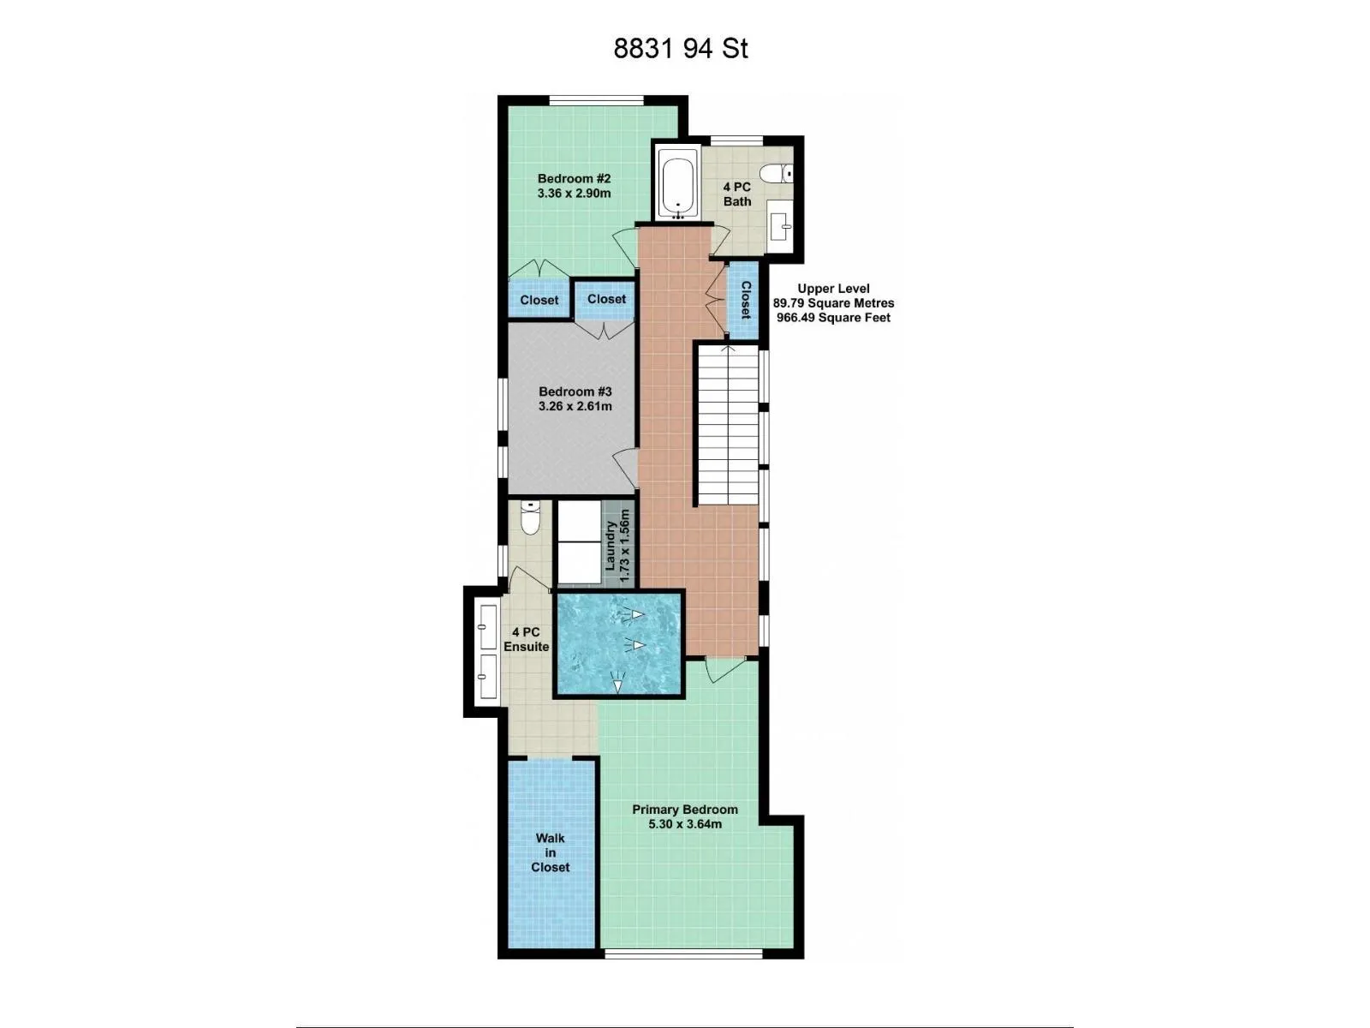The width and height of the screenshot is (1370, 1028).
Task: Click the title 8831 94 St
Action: point(681,49)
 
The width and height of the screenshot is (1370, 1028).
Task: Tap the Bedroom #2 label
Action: point(575,179)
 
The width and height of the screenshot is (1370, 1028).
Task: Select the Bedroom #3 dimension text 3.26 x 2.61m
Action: point(575,406)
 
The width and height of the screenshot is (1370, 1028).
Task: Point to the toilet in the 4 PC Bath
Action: point(777,173)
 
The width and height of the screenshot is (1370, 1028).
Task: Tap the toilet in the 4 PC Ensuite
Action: point(530,517)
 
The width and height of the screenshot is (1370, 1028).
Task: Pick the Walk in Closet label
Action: point(550,852)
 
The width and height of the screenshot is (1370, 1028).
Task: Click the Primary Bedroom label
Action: point(685,810)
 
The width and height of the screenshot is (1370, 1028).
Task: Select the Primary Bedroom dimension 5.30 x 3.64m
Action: point(685,824)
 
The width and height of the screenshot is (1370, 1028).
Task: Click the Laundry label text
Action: point(611,547)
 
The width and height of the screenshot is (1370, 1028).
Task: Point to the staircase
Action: point(728,424)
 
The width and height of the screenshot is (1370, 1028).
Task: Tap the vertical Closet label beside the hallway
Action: point(745,300)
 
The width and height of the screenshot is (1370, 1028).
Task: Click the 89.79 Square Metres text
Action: point(833,303)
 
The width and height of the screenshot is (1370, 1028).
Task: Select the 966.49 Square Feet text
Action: point(833,318)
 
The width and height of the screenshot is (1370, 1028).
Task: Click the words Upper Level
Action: point(833,289)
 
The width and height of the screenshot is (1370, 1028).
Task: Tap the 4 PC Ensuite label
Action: point(526,639)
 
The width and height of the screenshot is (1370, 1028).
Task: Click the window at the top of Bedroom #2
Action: point(596,100)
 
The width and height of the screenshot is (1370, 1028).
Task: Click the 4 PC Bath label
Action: point(737,194)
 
